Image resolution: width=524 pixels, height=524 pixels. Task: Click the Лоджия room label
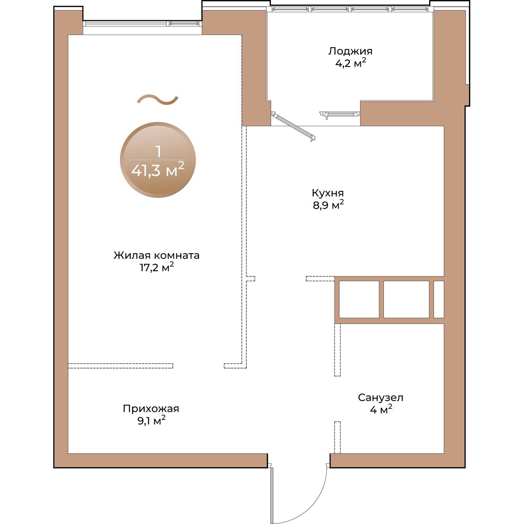pos(350,51)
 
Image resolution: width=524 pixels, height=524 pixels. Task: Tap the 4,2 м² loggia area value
pos(351,63)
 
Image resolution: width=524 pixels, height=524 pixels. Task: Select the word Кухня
pos(327,193)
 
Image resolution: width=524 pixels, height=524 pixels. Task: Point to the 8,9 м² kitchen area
pos(328,205)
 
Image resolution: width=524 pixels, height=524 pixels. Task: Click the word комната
pos(177,255)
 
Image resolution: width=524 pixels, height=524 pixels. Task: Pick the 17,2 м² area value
pos(157,268)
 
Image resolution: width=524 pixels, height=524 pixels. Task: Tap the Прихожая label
pos(151,409)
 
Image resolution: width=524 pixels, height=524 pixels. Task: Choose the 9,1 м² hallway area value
pos(152,421)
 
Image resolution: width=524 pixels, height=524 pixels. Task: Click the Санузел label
pos(380,397)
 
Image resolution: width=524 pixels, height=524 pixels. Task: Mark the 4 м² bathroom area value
pos(381,410)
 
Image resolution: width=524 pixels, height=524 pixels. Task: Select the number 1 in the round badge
pos(158,152)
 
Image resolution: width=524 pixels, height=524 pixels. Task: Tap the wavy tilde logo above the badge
pos(158,100)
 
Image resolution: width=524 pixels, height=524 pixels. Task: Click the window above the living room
pos(142,24)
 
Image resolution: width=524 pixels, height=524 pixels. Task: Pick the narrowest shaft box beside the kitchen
pos(438,299)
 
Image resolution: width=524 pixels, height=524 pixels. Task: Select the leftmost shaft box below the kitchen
pos(359,299)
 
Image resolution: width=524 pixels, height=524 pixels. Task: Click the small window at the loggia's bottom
pos(340,114)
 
